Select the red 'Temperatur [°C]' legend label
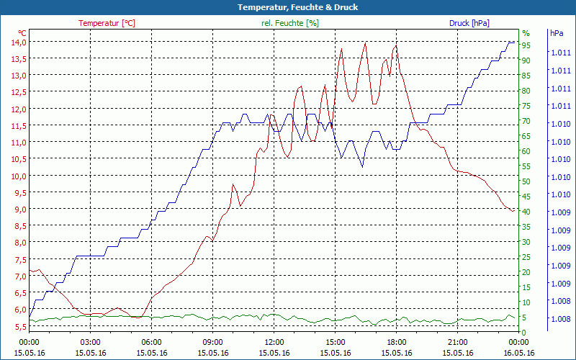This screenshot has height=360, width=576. click(107, 23)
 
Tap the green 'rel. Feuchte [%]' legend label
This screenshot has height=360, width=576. click(290, 23)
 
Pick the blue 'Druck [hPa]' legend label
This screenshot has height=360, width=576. click(469, 23)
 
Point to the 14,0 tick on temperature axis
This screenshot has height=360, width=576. click(18, 42)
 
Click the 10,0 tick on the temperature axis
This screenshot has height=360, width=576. click(18, 176)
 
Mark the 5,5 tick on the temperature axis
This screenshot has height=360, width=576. click(18, 326)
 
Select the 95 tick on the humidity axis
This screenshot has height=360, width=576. click(526, 45)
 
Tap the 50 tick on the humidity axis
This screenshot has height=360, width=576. click(526, 181)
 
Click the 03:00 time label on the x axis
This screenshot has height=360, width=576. click(90, 342)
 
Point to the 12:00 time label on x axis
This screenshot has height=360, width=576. click(274, 342)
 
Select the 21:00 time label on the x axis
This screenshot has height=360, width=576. click(458, 342)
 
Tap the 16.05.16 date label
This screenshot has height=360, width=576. click(519, 353)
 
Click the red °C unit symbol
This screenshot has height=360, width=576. click(22, 33)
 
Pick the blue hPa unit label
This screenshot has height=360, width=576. click(557, 33)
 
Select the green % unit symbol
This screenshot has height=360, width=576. click(526, 33)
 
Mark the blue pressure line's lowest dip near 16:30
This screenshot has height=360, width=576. click(362, 166)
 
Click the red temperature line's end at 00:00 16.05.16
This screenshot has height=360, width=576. click(513, 210)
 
